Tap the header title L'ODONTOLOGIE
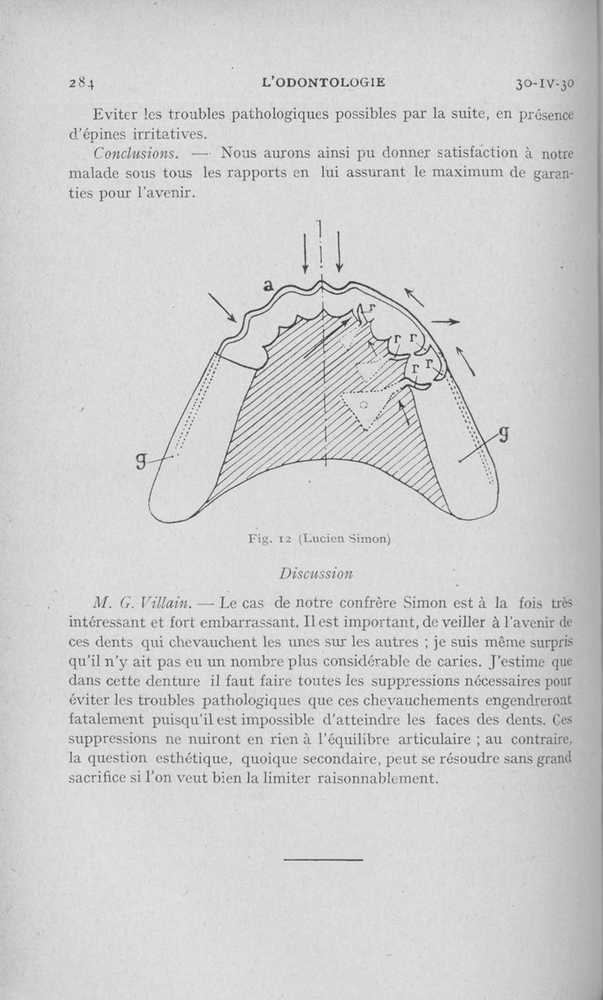(322, 82)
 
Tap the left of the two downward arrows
(305, 252)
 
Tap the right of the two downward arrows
(339, 252)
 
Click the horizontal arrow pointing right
(446, 322)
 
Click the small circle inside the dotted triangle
(363, 405)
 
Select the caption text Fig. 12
(270, 538)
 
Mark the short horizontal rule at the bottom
(324, 859)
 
